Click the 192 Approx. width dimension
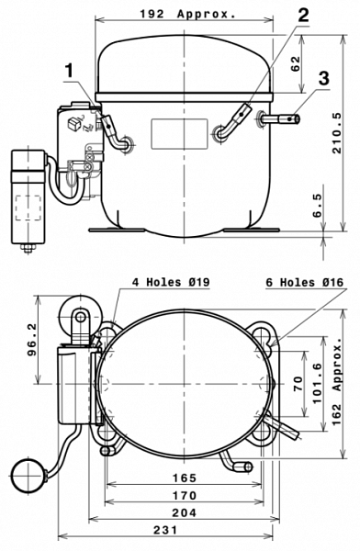(187, 14)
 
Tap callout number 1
(70, 71)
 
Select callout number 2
(303, 16)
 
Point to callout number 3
(324, 78)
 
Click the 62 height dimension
(296, 63)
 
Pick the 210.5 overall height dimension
(336, 133)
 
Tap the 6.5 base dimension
(317, 206)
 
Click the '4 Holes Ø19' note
(171, 282)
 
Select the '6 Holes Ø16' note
(305, 282)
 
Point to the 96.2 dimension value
(31, 340)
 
